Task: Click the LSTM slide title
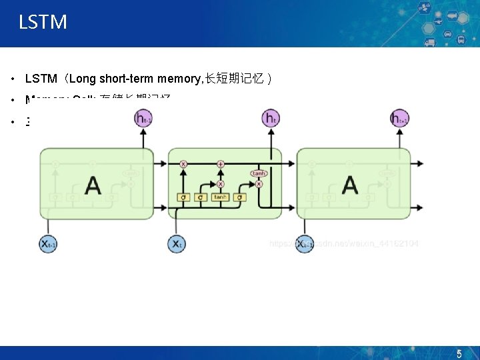coord(43,22)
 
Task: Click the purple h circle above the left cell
coord(143,119)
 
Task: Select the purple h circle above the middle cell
coord(271,119)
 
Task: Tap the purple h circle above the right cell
coord(399,119)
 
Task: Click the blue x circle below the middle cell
coord(176,243)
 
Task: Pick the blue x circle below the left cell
coord(48,243)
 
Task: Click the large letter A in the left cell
coord(93,185)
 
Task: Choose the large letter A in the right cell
coord(349,185)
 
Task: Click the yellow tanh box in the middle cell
coord(221,197)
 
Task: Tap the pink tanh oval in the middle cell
coord(258,173)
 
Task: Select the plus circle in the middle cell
coord(221,163)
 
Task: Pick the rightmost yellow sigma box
coord(240,197)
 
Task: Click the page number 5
coord(459,354)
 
